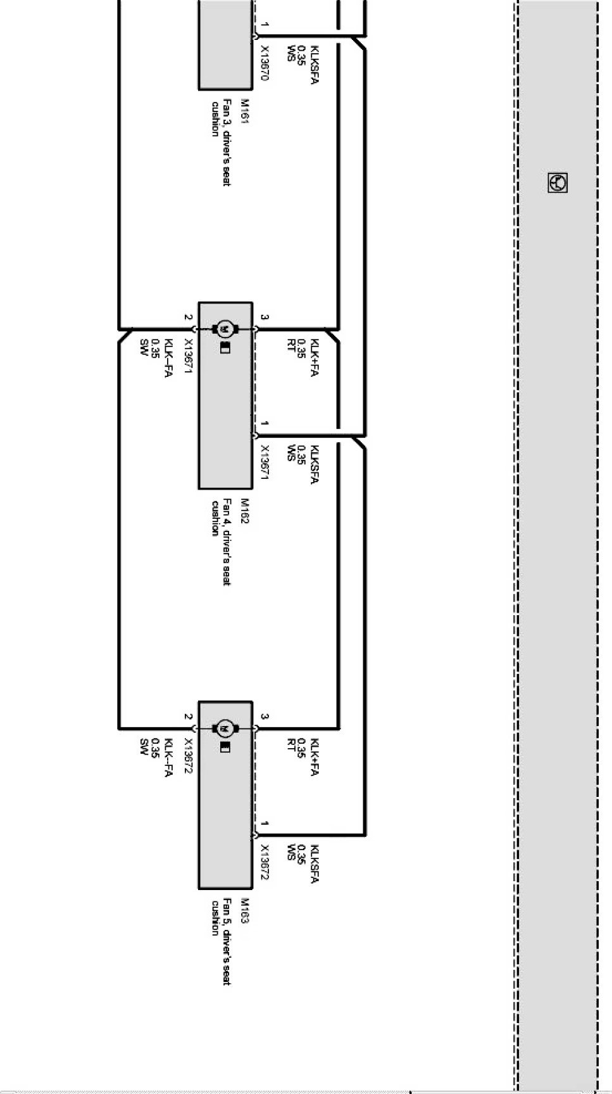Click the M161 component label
tap(244, 111)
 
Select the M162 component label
tap(244, 511)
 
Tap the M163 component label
tap(244, 910)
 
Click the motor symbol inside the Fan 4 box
tap(224, 329)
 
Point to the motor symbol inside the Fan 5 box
tap(224, 728)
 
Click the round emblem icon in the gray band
tap(557, 183)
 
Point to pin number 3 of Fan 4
tap(265, 317)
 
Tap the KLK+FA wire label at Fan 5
tap(315, 756)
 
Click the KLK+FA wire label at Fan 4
tap(315, 357)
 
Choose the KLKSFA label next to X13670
tap(315, 65)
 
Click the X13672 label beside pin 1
tap(265, 862)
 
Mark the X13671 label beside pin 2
tap(188, 356)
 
